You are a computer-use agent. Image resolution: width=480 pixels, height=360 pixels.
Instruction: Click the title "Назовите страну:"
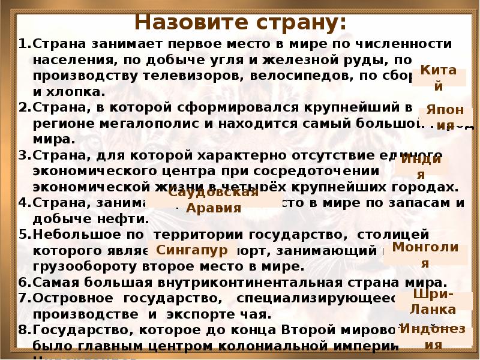[240, 23]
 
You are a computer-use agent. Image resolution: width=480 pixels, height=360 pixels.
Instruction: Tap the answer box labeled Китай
[438, 78]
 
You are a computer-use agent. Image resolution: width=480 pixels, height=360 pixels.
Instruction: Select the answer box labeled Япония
[446, 119]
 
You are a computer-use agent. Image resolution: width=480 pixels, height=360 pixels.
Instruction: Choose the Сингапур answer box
[192, 249]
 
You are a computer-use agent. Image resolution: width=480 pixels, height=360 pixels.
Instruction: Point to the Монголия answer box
[425, 255]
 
